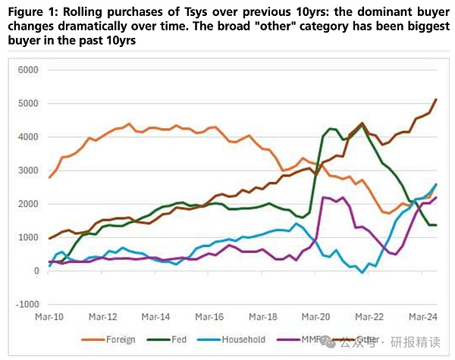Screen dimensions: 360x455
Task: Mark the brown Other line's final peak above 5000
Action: (436, 99)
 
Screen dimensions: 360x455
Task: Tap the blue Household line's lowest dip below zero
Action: (363, 272)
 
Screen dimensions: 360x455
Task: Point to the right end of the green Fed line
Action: (436, 225)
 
